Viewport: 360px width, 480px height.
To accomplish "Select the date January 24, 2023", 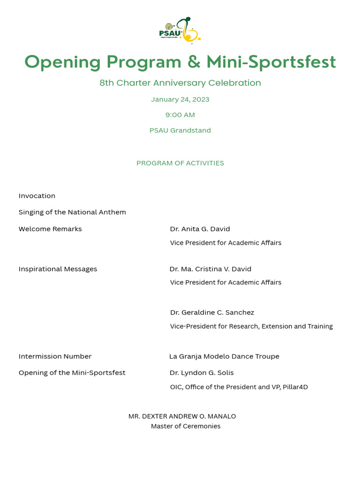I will (x=180, y=99).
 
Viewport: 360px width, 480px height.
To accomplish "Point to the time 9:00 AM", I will (x=180, y=115).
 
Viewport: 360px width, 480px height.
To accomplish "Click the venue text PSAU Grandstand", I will (x=180, y=130).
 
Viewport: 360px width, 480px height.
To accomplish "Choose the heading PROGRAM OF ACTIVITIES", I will (x=180, y=163).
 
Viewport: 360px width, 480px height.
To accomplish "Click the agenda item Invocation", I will (x=37, y=196).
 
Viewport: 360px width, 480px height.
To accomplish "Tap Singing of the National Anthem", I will (x=72, y=212).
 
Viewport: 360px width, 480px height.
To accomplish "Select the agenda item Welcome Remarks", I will (x=50, y=229).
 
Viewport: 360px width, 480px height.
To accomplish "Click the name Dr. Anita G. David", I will (x=200, y=229).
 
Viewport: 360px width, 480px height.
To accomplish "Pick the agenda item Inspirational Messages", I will (x=58, y=269).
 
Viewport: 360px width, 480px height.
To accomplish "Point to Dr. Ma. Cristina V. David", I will (x=210, y=269).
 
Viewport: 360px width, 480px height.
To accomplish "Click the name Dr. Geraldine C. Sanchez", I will (x=212, y=313).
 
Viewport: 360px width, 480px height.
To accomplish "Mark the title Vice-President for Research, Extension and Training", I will (x=251, y=326).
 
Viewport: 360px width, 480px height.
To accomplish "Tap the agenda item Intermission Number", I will (x=55, y=356).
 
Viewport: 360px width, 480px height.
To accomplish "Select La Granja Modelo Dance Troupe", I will (x=224, y=356).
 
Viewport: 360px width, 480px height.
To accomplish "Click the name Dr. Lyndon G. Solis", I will (x=202, y=373).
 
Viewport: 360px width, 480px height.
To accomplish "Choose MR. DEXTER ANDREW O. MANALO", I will (x=182, y=416).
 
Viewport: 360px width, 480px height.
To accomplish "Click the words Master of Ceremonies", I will (x=186, y=427).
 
